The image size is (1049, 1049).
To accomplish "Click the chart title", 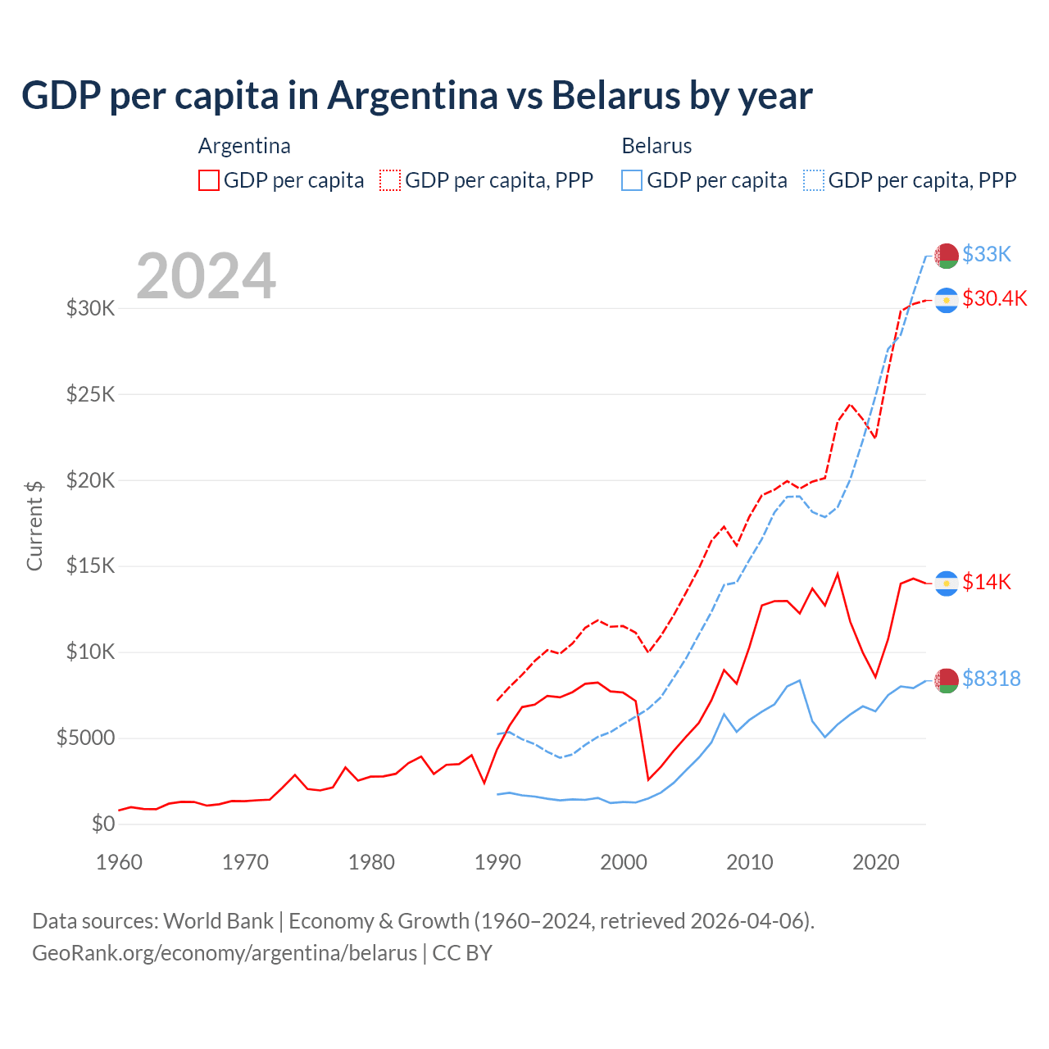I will [417, 96].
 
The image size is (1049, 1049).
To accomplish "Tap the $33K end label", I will [987, 254].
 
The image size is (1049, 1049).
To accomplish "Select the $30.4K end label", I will [995, 298].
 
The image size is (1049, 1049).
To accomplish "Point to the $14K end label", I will [987, 582].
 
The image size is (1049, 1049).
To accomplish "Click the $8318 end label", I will [992, 679].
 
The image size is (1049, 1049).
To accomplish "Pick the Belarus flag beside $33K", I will [947, 256].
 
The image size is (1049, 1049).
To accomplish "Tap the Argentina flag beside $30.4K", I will [947, 301].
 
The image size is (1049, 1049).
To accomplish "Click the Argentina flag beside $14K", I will [947, 583].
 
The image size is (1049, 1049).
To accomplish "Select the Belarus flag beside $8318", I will [947, 680].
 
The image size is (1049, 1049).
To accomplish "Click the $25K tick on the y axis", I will [90, 395].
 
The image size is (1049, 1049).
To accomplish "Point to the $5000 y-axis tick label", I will [85, 738].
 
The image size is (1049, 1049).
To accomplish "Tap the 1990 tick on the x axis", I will [497, 862].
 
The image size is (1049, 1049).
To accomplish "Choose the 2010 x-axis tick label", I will [750, 862].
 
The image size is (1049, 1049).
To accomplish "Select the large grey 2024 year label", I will [207, 276].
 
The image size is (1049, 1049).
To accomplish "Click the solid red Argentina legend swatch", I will [209, 180].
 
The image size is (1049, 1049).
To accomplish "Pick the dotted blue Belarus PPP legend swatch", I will [815, 180].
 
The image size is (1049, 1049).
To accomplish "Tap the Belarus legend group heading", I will [656, 146].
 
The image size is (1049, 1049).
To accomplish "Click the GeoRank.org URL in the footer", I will [225, 953].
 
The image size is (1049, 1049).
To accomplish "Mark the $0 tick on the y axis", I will [103, 824].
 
